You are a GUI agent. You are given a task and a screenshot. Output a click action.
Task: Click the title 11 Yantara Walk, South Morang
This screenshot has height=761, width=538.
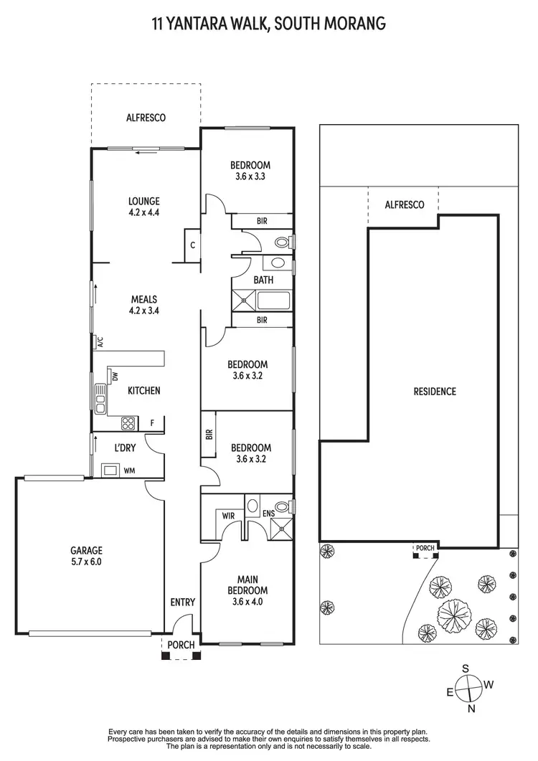click(269, 24)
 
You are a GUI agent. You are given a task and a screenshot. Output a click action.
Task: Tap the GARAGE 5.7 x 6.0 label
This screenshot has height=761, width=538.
click(86, 556)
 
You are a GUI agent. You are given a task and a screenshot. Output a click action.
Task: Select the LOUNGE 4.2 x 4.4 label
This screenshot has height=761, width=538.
click(144, 207)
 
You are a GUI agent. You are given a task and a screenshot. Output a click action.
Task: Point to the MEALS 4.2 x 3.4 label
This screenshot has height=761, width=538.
click(143, 305)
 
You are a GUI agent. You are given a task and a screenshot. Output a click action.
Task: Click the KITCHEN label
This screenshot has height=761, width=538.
click(143, 391)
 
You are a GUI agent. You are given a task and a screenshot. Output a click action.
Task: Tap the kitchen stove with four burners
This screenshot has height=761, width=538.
click(128, 423)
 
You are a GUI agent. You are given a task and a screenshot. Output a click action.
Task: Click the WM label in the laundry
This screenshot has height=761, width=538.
click(130, 471)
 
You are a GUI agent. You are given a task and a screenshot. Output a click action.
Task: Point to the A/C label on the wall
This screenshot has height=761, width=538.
click(100, 342)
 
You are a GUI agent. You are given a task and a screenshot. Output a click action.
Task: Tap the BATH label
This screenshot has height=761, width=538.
click(263, 280)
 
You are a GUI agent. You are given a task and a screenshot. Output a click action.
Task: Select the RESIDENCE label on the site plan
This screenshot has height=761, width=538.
click(434, 392)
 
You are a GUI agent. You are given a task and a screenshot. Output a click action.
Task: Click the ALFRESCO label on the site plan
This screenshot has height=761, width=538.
click(404, 205)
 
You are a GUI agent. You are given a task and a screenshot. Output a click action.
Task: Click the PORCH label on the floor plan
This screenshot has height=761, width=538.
click(181, 645)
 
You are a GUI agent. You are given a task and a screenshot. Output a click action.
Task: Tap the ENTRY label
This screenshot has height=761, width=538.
click(182, 602)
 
